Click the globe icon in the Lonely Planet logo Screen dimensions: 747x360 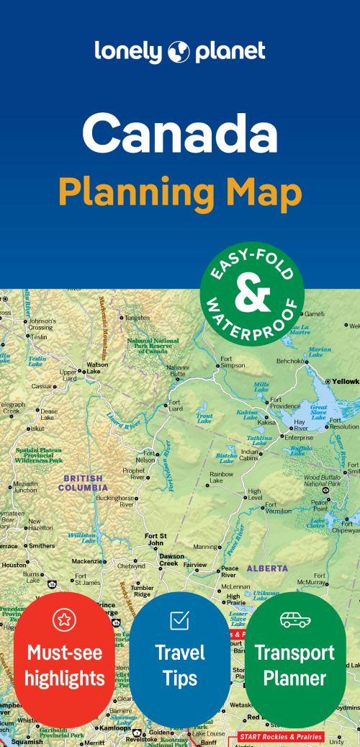(179, 52)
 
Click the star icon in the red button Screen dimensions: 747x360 (64, 620)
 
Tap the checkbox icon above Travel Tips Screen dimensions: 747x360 (179, 619)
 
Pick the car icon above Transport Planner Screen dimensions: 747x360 (294, 620)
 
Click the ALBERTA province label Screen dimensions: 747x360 (267, 568)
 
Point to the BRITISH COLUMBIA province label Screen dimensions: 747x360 (84, 483)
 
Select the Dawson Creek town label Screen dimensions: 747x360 (171, 560)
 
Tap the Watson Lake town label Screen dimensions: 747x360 (97, 368)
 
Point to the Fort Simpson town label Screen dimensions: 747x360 (233, 362)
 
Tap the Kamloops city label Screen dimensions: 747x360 (115, 729)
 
